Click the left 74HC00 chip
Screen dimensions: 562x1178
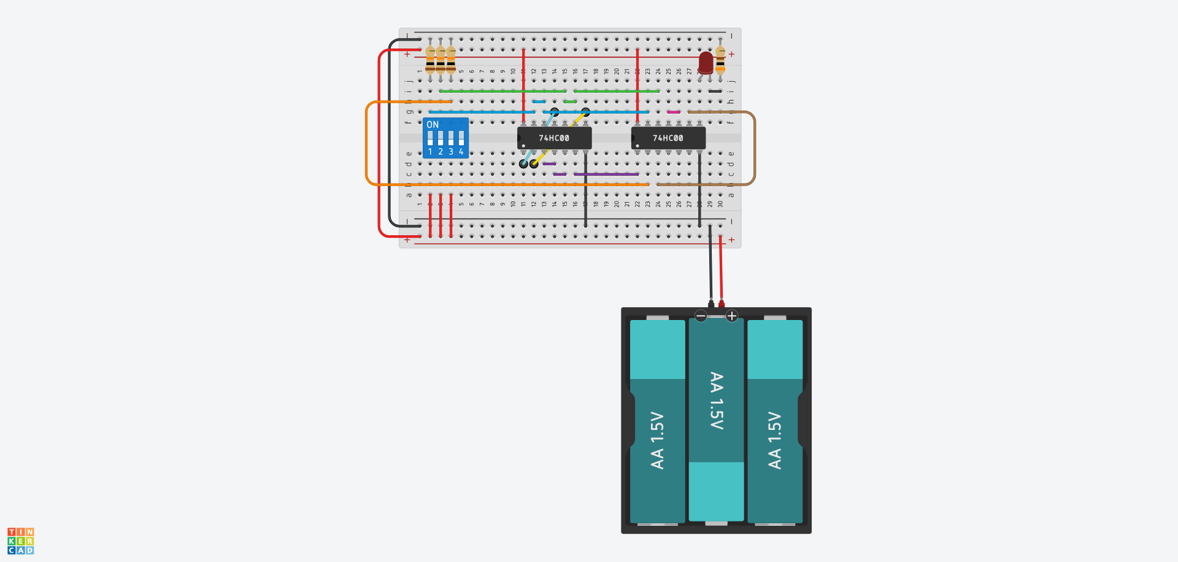pyautogui.click(x=554, y=138)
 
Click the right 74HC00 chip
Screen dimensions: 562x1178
pyautogui.click(x=668, y=138)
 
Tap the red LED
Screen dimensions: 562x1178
pyautogui.click(x=706, y=62)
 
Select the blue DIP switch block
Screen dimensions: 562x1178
pyautogui.click(x=446, y=138)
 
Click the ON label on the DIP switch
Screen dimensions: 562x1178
pyautogui.click(x=433, y=125)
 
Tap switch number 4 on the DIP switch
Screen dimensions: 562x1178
pyautogui.click(x=461, y=138)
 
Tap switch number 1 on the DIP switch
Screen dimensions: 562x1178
pyautogui.click(x=430, y=138)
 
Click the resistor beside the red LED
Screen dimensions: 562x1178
pyautogui.click(x=720, y=61)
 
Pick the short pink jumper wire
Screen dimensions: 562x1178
pyautogui.click(x=674, y=112)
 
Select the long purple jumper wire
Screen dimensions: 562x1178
pyautogui.click(x=606, y=174)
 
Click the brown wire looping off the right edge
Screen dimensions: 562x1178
pyautogui.click(x=755, y=147)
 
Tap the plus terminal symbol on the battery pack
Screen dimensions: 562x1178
pyautogui.click(x=731, y=316)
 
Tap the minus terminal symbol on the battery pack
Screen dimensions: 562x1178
pyautogui.click(x=701, y=316)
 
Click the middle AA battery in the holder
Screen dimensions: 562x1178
pyautogui.click(x=716, y=418)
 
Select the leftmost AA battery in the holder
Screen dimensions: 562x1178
pyautogui.click(x=657, y=424)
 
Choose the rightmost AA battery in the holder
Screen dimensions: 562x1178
pyautogui.click(x=775, y=424)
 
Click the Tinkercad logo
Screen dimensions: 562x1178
pyautogui.click(x=21, y=541)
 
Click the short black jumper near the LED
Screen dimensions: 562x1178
pyautogui.click(x=715, y=92)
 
